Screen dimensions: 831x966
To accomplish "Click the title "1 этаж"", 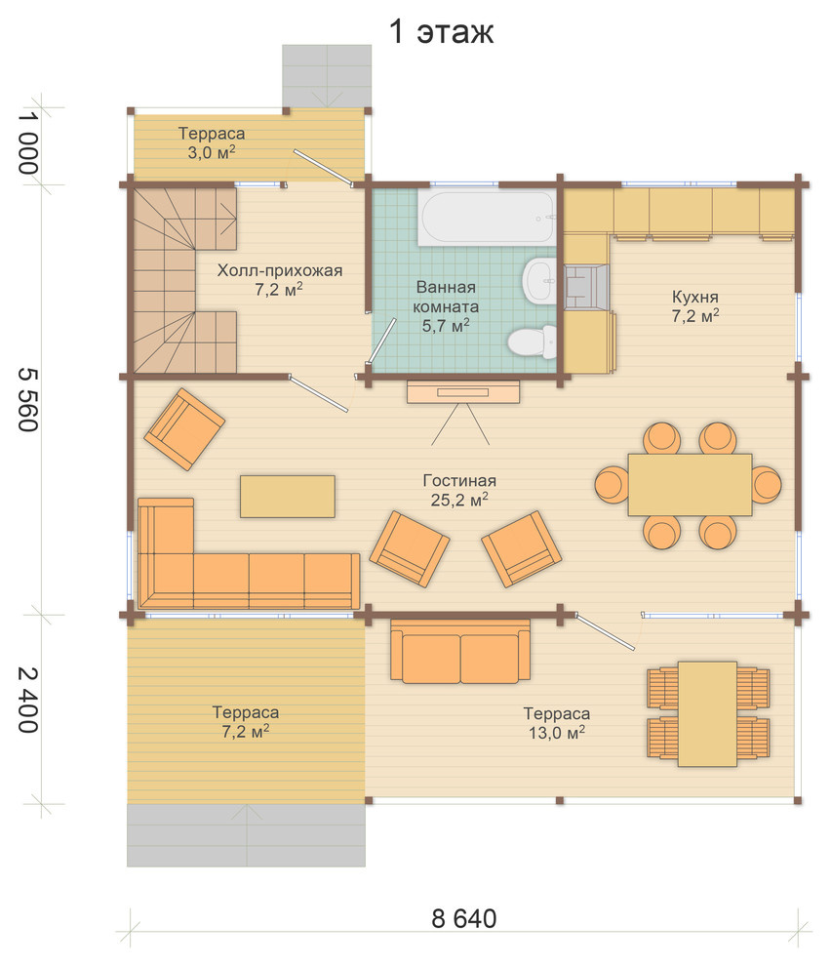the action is pos(441,32).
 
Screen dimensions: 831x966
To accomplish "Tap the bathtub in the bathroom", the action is pos(487,216).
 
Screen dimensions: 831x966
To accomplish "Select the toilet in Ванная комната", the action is pos(532,342).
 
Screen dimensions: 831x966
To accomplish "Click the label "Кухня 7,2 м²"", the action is pos(694,306).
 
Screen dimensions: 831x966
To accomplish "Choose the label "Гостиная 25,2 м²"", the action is pos(459,490).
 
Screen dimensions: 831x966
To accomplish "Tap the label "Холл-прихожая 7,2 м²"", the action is pos(280,280).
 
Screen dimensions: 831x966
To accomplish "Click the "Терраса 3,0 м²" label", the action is pos(212,142).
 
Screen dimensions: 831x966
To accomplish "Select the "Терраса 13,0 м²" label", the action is pos(556,723).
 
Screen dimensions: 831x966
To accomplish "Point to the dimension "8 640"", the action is pos(464,918).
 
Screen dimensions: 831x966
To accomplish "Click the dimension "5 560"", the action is pos(29,400).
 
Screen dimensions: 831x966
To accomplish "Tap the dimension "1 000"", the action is pos(29,142).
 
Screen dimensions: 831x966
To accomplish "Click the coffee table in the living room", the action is pos(288,496).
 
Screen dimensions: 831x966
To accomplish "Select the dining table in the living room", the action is pos(690,485).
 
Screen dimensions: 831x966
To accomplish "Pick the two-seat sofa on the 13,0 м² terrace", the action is pos(460,651).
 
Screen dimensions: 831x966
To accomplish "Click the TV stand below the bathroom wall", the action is pos(462,392).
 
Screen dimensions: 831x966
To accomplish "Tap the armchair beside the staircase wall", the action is pos(184,428).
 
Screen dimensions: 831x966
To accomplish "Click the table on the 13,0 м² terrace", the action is pos(707,714).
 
